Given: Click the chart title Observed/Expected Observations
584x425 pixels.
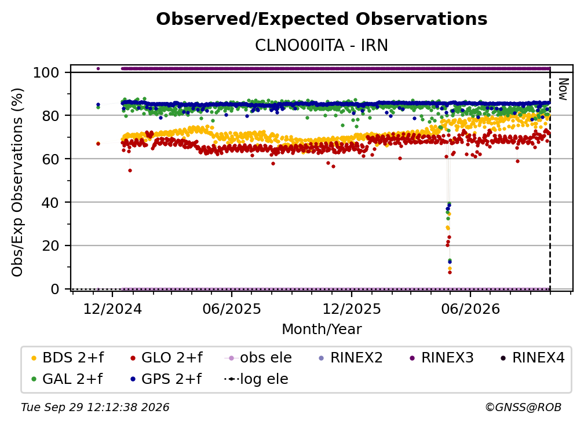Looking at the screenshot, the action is tap(322, 19).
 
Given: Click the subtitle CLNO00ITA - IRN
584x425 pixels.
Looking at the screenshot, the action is tap(322, 45).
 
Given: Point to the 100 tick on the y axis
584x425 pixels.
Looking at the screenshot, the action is tap(46, 72).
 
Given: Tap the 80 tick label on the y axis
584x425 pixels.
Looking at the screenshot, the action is tap(50, 116).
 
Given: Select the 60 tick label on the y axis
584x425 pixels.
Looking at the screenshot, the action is tap(50, 159).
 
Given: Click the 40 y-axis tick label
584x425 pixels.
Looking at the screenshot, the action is tap(50, 203).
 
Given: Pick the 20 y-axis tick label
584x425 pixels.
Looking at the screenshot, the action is tap(50, 246).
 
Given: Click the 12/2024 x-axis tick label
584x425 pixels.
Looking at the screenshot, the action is tap(112, 309).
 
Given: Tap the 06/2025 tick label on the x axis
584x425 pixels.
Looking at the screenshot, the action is tap(232, 309).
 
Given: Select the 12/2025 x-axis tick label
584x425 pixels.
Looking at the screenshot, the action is tap(352, 309).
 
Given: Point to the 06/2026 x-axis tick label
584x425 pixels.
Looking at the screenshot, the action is tap(470, 309).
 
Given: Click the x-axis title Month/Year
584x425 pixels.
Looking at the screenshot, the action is tap(322, 329).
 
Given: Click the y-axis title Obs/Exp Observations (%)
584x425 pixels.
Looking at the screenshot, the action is tap(17, 182).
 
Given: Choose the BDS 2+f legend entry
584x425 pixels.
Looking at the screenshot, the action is tap(68, 358).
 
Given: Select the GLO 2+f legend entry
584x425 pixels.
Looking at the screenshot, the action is tap(166, 358).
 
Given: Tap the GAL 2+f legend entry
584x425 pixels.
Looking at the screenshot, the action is tap(67, 379).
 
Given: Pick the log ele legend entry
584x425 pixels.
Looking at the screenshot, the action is tap(256, 379).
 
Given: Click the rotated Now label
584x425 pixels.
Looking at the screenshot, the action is tap(563, 89).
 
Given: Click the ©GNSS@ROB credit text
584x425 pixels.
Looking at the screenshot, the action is tap(523, 407).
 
